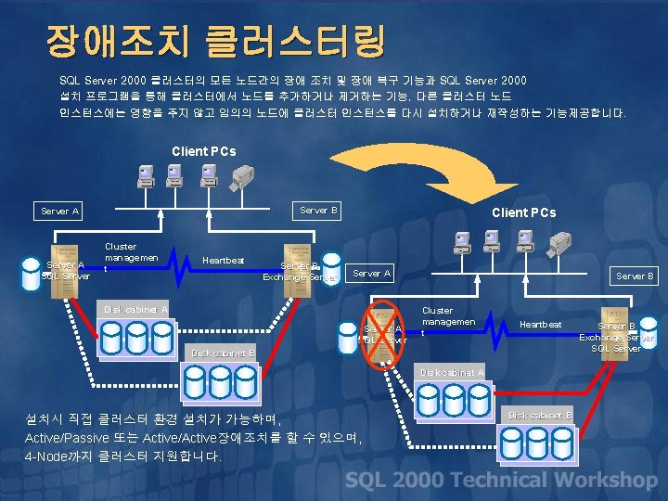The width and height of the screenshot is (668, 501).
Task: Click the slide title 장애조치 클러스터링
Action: click(x=215, y=40)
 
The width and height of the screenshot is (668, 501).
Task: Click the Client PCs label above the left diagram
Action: click(x=204, y=151)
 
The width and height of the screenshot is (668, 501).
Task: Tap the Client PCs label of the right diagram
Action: click(x=523, y=212)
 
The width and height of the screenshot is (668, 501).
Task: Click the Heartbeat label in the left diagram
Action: click(x=224, y=261)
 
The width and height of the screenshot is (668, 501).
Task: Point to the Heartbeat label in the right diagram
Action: click(x=540, y=324)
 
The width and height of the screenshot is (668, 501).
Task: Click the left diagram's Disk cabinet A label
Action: click(x=136, y=309)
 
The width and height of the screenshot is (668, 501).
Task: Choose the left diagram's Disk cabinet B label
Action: click(x=223, y=353)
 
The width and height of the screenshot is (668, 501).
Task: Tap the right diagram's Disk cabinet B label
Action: click(x=540, y=415)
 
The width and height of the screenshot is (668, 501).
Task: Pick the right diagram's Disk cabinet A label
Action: click(x=452, y=372)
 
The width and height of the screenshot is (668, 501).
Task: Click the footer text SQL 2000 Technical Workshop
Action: click(x=501, y=480)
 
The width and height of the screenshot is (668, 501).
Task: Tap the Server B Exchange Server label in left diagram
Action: click(x=299, y=271)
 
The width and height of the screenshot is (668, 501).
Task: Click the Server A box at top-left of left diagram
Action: click(x=61, y=212)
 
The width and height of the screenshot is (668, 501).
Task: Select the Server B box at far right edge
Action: click(x=635, y=276)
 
